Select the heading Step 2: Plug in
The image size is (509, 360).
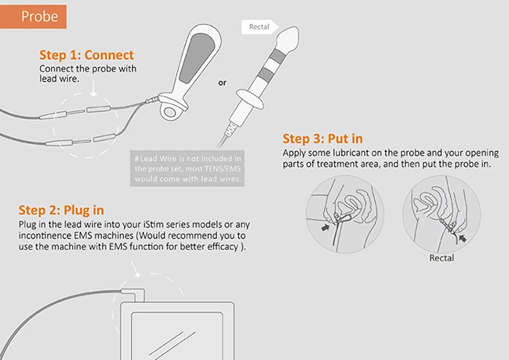point(61,210)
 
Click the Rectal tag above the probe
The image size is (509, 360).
point(258,27)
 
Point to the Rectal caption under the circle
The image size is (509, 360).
point(442,258)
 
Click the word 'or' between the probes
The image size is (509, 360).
point(222,82)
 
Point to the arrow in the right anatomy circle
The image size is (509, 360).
point(463,237)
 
